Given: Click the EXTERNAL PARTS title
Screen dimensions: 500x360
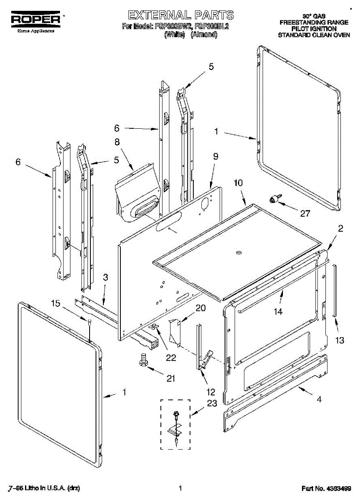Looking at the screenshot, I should (180, 15).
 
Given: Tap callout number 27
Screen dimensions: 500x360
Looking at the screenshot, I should (305, 213).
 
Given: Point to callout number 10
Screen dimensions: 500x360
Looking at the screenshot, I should (237, 182).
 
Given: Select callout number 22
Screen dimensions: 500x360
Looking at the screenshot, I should (171, 357).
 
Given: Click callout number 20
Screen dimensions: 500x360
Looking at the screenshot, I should (200, 308).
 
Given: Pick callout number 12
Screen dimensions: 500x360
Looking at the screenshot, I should (211, 392).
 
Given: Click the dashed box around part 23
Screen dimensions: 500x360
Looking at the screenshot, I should (175, 424).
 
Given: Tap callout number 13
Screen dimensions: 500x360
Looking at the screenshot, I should (340, 340).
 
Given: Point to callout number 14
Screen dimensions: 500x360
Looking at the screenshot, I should (277, 311).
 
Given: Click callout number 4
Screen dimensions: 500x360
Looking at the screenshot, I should (319, 399).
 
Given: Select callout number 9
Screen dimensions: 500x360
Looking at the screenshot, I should (215, 157).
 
